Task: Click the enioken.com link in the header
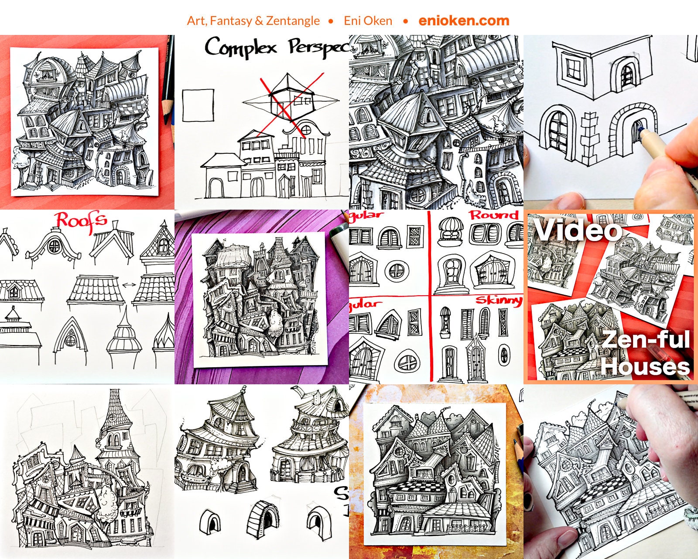(464, 21)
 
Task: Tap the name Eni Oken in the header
(368, 21)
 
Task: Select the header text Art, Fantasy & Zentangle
(253, 21)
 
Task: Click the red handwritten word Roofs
(82, 221)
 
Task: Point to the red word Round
(494, 215)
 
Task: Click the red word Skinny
(498, 300)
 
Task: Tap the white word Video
(578, 230)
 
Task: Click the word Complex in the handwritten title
(241, 47)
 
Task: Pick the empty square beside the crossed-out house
(198, 105)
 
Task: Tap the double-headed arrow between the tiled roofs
(129, 285)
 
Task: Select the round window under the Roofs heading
(54, 246)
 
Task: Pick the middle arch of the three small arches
(263, 518)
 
